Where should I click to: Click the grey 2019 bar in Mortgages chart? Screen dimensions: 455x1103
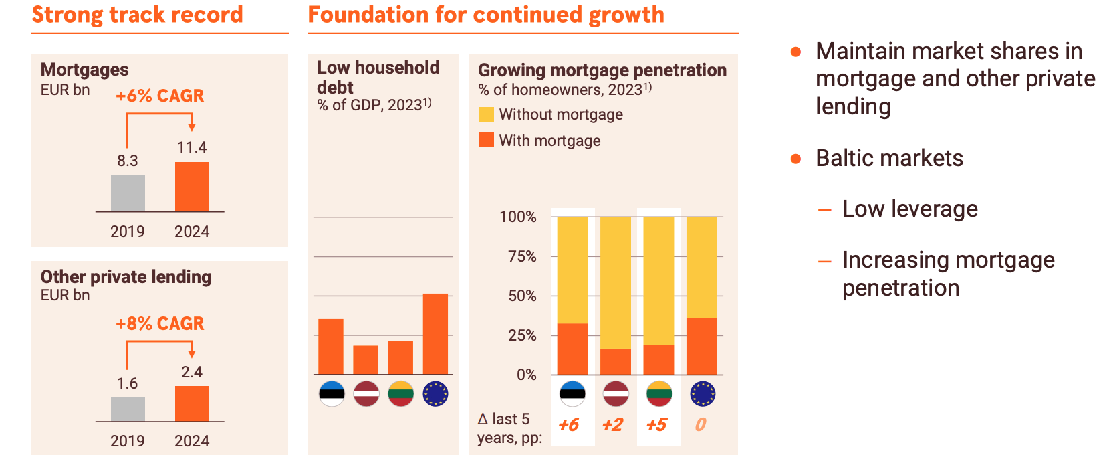coord(128,193)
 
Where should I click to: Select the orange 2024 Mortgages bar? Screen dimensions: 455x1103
coord(192,187)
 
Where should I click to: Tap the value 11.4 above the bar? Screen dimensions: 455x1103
coord(192,147)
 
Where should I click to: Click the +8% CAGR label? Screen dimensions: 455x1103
coord(160,324)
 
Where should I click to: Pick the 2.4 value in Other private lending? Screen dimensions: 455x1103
coord(192,372)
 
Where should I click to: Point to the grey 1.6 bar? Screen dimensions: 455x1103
coord(128,409)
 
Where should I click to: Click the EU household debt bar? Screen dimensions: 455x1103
coord(435,334)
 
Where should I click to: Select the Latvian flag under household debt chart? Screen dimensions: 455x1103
coord(366,394)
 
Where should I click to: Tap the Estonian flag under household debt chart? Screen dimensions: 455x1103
coord(332,394)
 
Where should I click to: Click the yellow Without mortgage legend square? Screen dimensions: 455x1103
coord(486,114)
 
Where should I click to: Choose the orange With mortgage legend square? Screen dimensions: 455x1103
coord(486,140)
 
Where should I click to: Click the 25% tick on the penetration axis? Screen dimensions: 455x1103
coord(522,335)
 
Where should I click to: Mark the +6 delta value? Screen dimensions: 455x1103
coord(568,425)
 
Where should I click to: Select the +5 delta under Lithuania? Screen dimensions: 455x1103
coord(656,425)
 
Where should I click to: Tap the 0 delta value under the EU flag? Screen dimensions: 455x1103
coord(701,425)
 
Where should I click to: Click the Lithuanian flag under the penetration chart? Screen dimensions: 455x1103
coord(659,394)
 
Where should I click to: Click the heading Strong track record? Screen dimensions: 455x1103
coord(138,15)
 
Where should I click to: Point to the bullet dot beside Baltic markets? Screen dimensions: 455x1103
coord(795,159)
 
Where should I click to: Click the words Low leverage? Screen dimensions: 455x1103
coord(910,209)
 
